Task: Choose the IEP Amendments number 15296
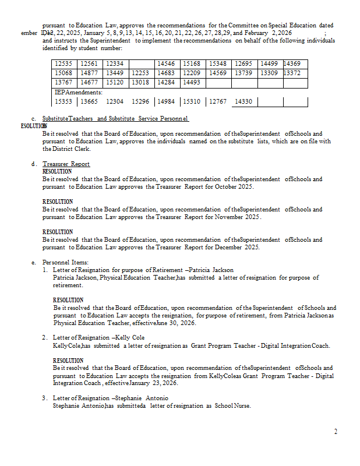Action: point(140,102)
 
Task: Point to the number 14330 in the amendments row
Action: point(243,102)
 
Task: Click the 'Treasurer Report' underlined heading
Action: point(66,164)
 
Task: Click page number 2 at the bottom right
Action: point(336,432)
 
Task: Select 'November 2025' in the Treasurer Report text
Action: point(238,217)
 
